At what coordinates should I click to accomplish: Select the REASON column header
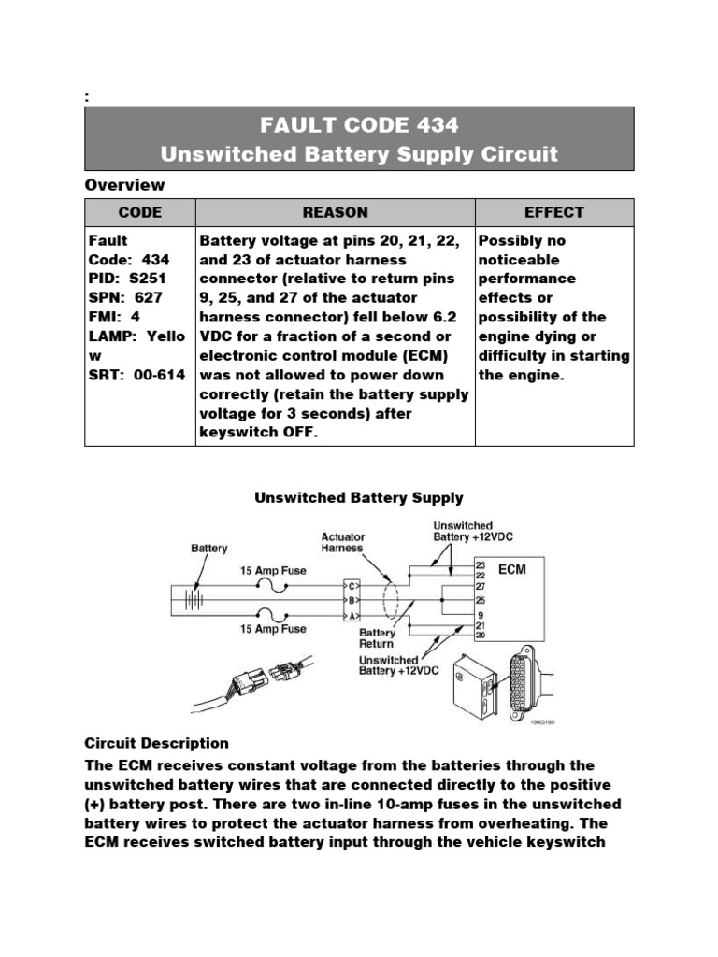pyautogui.click(x=335, y=212)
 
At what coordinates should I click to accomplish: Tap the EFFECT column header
pyautogui.click(x=553, y=212)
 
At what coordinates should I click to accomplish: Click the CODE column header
pyautogui.click(x=139, y=212)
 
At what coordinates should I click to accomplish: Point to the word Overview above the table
pyautogui.click(x=124, y=184)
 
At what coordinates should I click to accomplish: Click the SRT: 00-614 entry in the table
pyautogui.click(x=136, y=375)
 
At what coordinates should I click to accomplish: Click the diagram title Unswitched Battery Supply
pyautogui.click(x=359, y=498)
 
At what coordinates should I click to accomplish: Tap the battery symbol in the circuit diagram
pyautogui.click(x=194, y=598)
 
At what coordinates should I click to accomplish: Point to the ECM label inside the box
pyautogui.click(x=512, y=569)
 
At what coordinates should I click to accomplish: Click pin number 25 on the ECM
pyautogui.click(x=480, y=599)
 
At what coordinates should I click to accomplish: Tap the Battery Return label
pyautogui.click(x=377, y=638)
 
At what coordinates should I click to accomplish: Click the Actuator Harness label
pyautogui.click(x=343, y=543)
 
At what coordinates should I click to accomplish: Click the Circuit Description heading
pyautogui.click(x=156, y=743)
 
